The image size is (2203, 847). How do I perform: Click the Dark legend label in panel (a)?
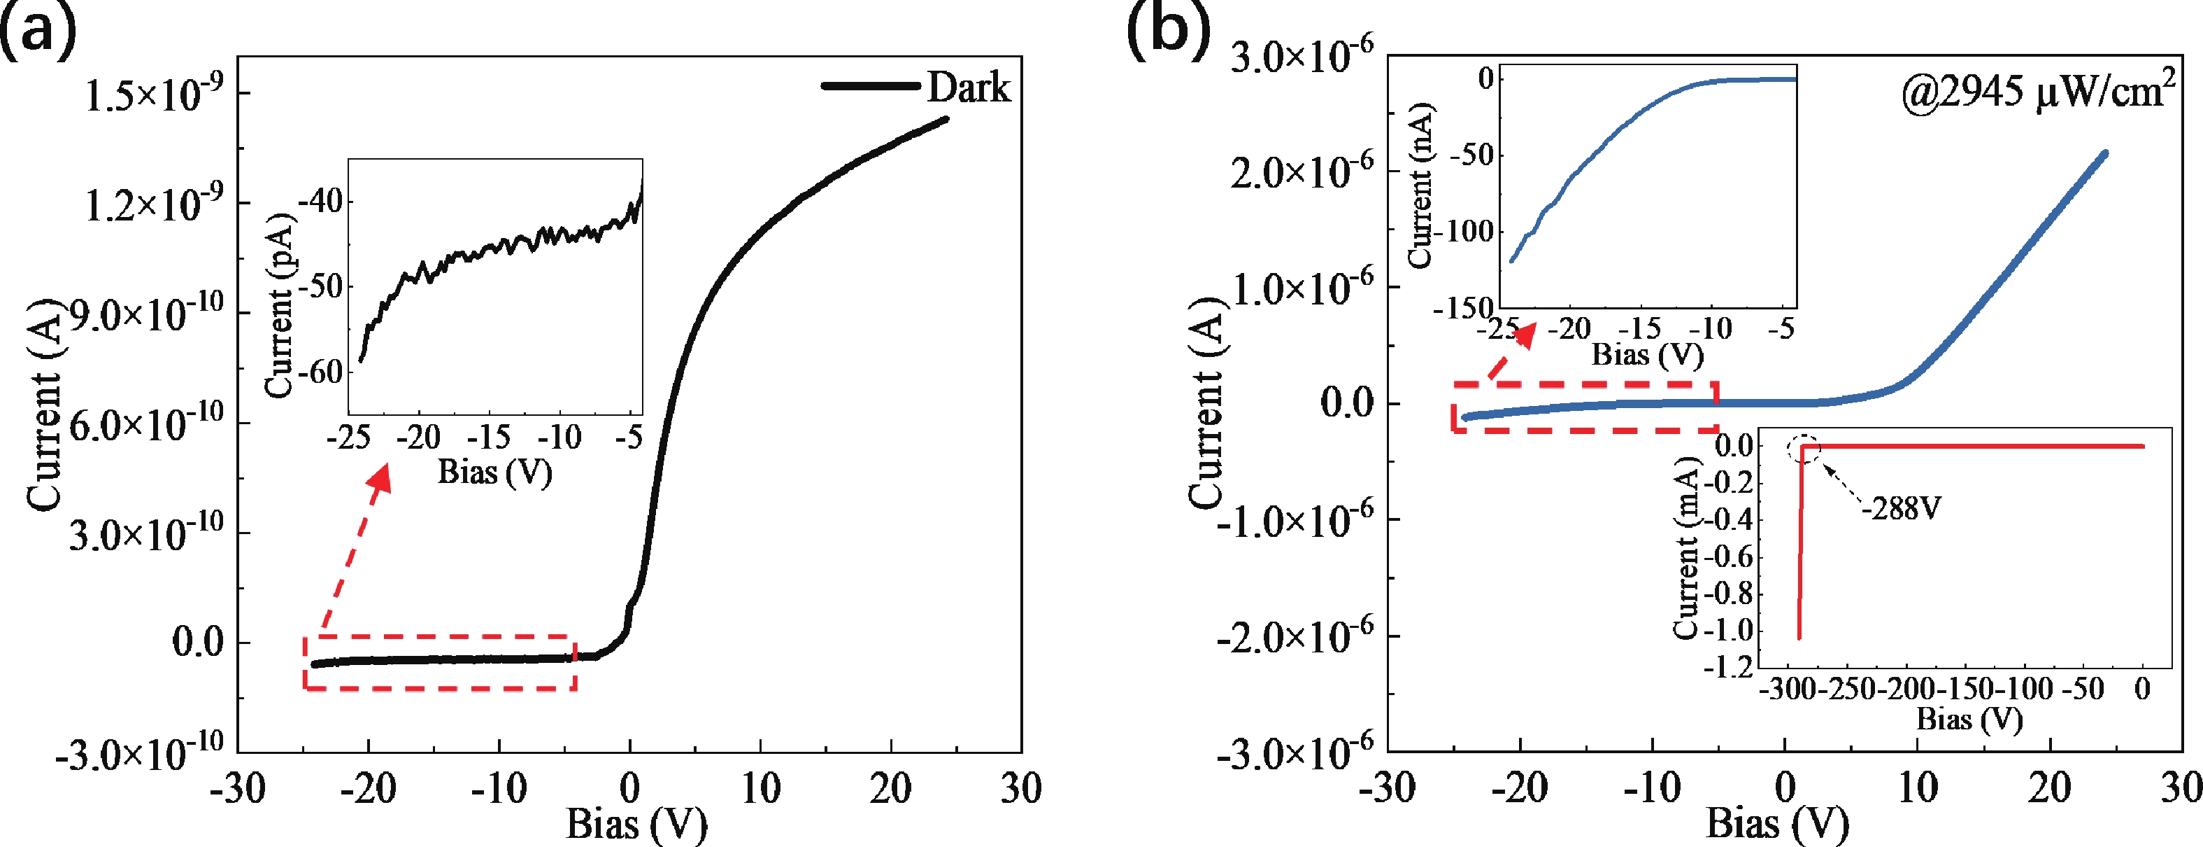(968, 88)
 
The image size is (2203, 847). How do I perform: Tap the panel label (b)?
(1168, 32)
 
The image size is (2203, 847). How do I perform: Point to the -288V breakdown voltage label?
(1901, 509)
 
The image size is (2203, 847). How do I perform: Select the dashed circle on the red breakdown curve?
(1804, 449)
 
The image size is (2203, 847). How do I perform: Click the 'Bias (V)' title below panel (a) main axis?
(636, 824)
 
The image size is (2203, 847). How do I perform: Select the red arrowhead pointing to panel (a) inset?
(380, 479)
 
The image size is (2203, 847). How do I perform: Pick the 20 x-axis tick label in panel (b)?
(2048, 787)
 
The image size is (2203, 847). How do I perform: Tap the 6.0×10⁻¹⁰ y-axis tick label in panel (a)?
(146, 423)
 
